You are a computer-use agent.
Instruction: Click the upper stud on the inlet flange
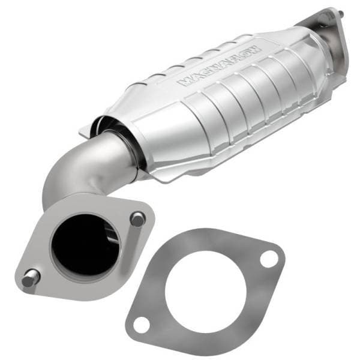(137, 219)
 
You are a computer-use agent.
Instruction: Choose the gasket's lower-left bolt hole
(140, 324)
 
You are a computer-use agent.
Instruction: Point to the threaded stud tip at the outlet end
(343, 13)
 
